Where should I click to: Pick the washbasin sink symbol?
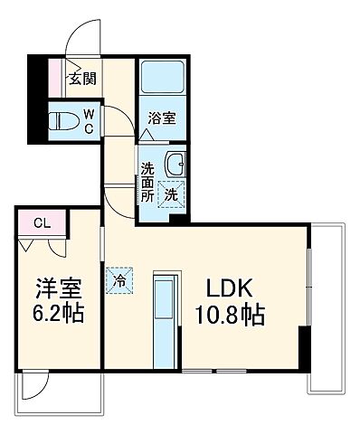[175, 165]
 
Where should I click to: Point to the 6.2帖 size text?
[55, 317]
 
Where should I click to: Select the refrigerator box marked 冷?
[119, 279]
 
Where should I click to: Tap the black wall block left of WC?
[35, 99]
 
